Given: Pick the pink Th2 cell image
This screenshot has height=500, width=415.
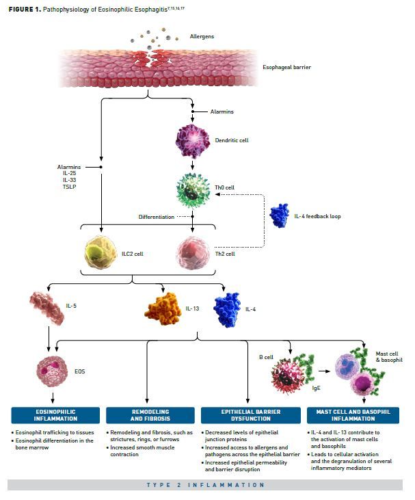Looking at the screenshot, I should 193,253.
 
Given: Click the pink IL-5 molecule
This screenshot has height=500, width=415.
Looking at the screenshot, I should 49,307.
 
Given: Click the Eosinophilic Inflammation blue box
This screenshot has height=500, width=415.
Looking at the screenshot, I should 54,415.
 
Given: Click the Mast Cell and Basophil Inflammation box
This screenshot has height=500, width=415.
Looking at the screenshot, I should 353,415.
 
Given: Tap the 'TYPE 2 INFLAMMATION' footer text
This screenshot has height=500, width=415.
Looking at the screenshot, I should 206,485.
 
